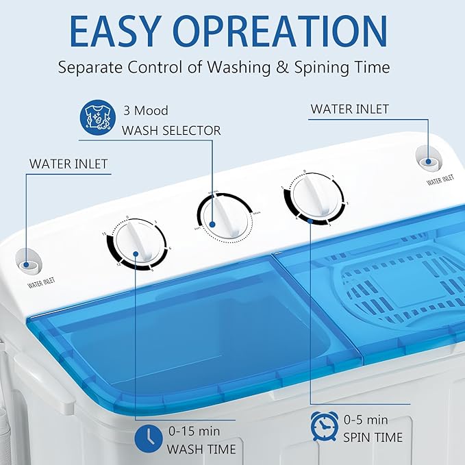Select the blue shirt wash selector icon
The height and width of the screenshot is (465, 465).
pos(97,117)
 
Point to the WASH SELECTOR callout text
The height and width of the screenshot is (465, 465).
pos(171,129)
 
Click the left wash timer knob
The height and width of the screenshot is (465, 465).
pos(136,247)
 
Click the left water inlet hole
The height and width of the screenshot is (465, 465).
pos(29,263)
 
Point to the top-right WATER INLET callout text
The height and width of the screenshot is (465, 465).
pos(349,109)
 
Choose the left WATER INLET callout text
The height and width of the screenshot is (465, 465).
pos(68,164)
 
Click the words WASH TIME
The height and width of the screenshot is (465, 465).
pos(203,449)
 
